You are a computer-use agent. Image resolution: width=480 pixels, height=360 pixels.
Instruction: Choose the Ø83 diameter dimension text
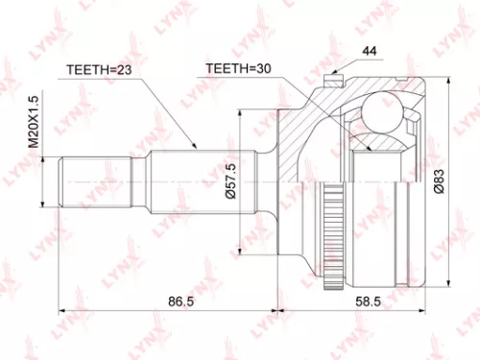(438, 177)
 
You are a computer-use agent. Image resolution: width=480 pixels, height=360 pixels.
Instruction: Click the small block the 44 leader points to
(336, 72)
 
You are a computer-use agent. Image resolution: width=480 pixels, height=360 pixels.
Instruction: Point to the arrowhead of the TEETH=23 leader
(197, 148)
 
